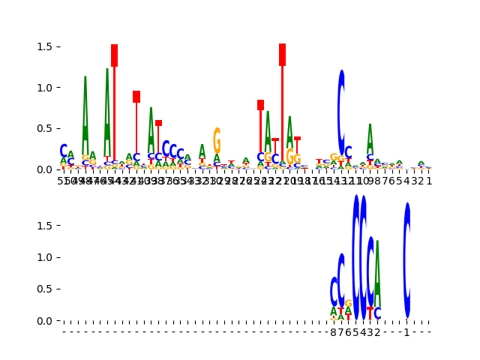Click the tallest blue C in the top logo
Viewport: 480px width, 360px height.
(341, 112)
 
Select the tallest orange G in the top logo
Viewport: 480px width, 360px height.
(217, 140)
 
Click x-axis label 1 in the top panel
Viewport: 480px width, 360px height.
(429, 181)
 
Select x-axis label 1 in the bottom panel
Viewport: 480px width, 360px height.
(406, 332)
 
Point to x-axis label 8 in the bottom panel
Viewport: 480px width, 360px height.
(334, 332)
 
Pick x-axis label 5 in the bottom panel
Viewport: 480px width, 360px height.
(355, 332)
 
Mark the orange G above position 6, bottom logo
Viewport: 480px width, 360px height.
(348, 304)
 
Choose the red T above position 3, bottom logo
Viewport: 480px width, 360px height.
(370, 313)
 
